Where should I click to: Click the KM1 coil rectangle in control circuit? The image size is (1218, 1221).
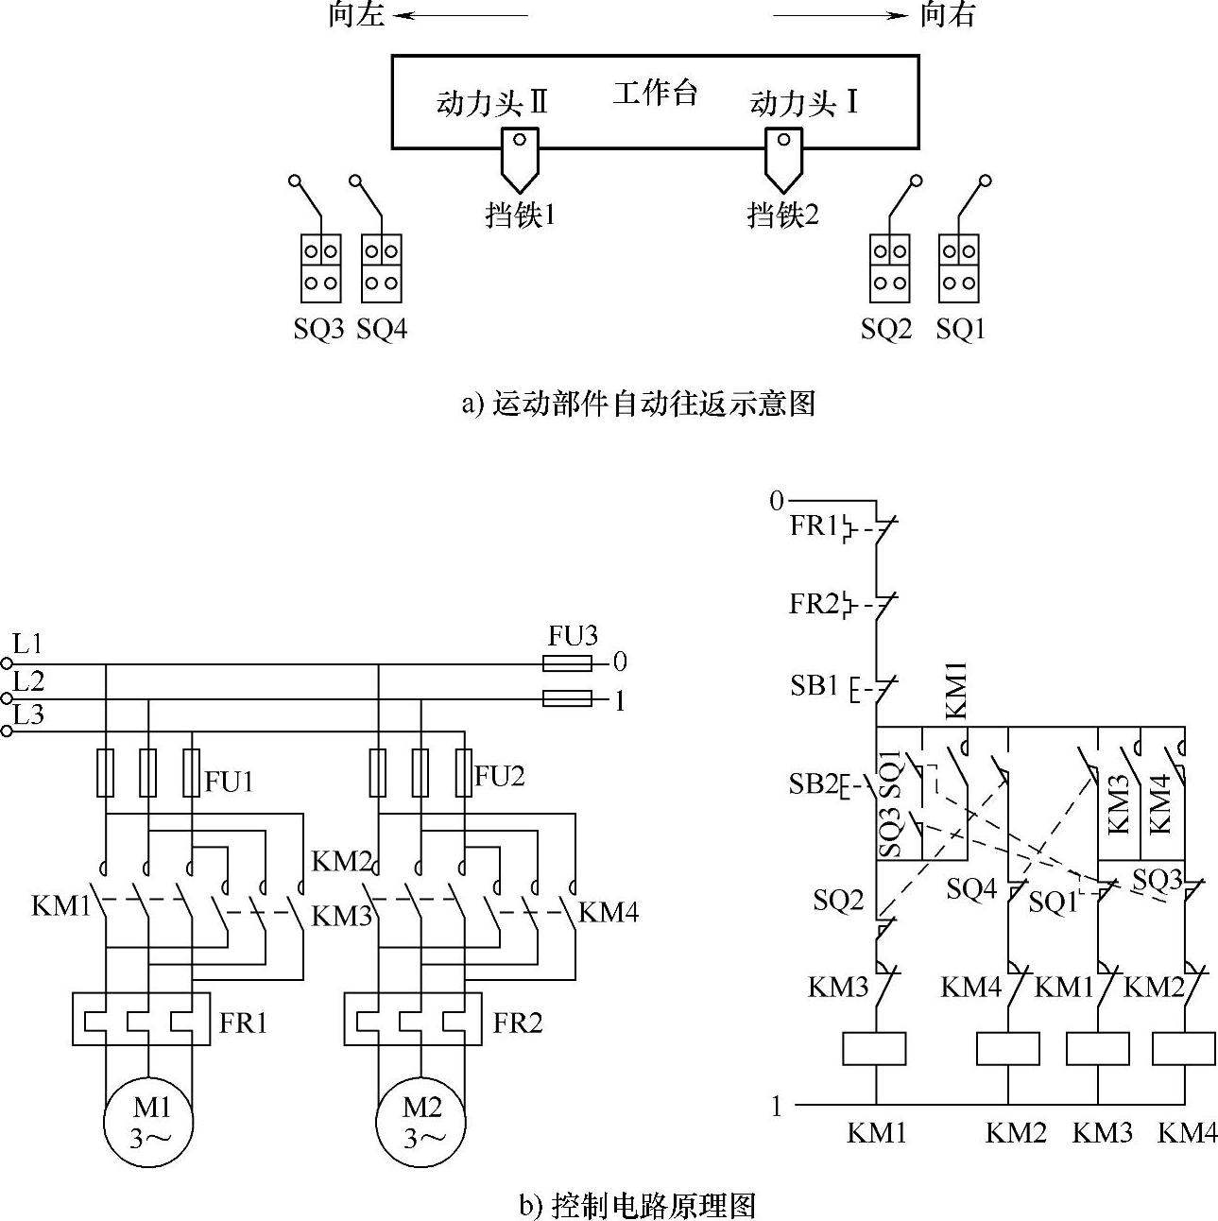click(874, 1049)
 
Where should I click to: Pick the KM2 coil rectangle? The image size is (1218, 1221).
click(1007, 1049)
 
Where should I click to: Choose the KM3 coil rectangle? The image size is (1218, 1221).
click(1098, 1049)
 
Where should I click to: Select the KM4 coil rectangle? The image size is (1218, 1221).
click(1184, 1049)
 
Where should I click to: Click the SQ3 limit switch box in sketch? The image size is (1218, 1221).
click(320, 268)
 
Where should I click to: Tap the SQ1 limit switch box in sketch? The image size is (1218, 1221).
click(959, 268)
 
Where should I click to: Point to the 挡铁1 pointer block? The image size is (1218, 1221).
click(521, 160)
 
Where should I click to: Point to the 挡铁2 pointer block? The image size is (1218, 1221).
click(784, 160)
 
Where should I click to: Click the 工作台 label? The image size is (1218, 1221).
click(655, 94)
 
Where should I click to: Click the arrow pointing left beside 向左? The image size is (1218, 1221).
click(460, 16)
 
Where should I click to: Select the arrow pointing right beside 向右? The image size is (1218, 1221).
click(840, 16)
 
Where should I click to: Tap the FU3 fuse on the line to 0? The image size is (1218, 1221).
click(567, 663)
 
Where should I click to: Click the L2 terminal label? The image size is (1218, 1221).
click(28, 681)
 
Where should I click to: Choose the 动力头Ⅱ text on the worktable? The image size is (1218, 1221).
click(491, 103)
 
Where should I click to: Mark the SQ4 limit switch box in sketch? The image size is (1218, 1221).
click(382, 268)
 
